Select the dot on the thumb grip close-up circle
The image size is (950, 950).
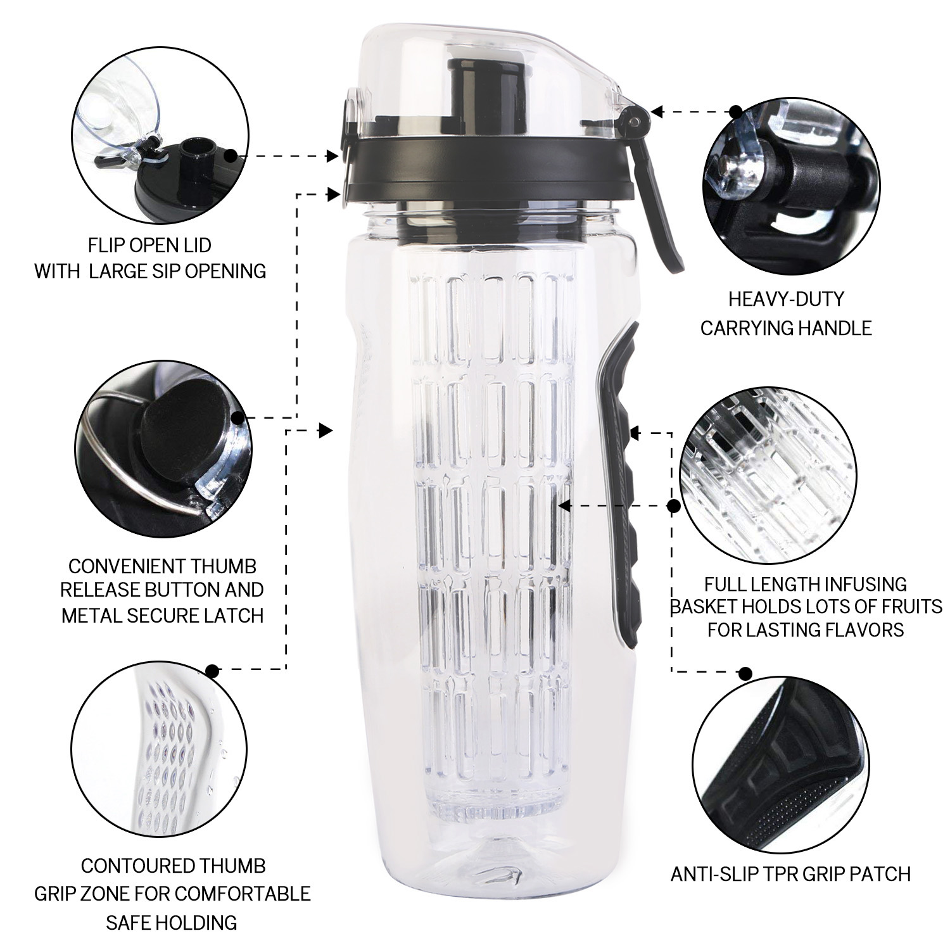pyautogui.click(x=213, y=670)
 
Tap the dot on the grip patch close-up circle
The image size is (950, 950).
pyautogui.click(x=746, y=673)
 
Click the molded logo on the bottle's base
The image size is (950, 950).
pyautogui.click(x=497, y=875)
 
